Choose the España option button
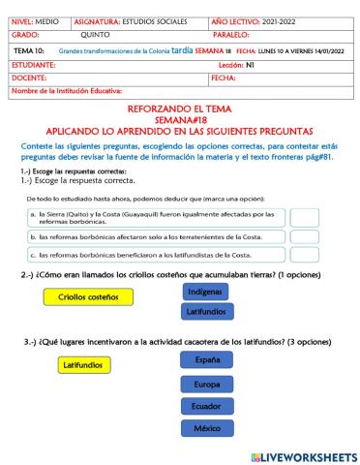207,359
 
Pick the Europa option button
207,383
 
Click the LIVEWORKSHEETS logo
303,456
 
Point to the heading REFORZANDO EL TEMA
179,109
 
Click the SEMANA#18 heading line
179,119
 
